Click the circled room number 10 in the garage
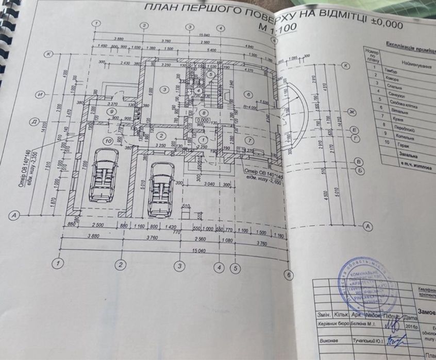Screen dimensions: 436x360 [x=108, y=140]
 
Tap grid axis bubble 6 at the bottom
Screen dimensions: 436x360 [x=289, y=275]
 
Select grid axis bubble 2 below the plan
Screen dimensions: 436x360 [x=121, y=265]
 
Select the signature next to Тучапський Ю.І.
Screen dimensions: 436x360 [x=397, y=340]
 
